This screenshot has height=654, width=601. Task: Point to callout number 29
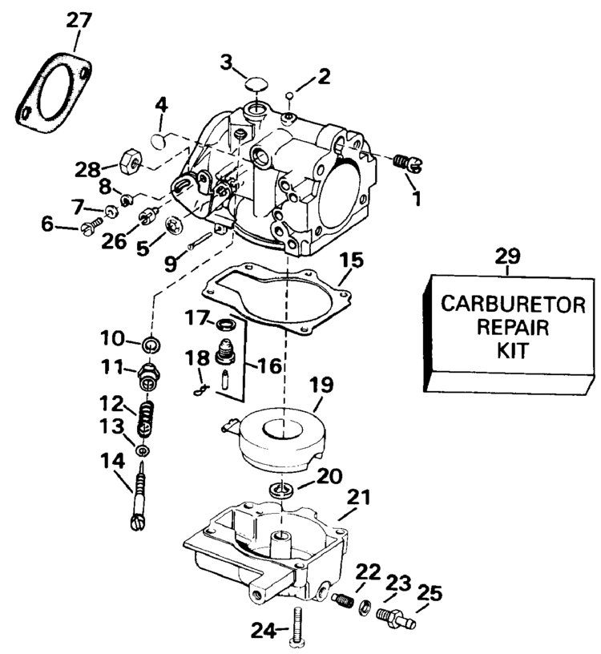click(x=507, y=256)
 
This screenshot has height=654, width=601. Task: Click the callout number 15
click(x=351, y=260)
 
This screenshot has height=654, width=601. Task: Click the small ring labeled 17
click(x=228, y=324)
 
